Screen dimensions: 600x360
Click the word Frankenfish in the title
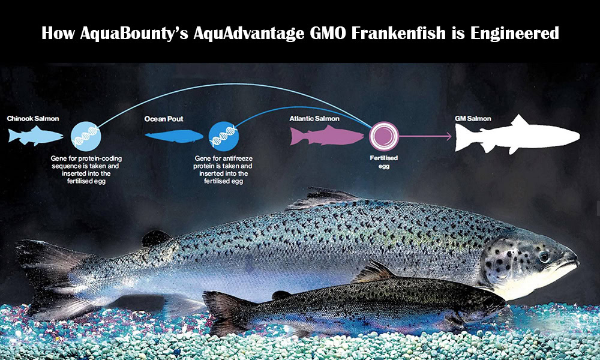tap(400, 33)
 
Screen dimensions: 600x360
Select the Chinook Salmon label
tap(33, 119)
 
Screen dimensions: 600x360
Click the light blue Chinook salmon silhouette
tap(35, 136)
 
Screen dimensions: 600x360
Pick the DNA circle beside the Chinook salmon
tap(86, 136)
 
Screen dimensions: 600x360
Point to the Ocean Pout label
tap(164, 119)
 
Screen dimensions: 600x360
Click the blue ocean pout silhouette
tap(174, 136)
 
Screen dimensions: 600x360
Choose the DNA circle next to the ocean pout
tap(224, 136)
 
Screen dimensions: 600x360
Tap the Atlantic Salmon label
tap(314, 119)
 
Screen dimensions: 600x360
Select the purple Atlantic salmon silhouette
tap(326, 136)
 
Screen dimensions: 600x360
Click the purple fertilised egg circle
tap(384, 136)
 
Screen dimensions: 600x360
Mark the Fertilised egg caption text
tap(384, 162)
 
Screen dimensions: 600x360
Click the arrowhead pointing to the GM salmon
tap(448, 136)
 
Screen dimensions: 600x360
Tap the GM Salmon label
tap(473, 119)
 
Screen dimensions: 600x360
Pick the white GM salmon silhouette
tap(517, 134)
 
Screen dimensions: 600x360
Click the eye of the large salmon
tap(544, 257)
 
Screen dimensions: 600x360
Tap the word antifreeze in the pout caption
tap(238, 158)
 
